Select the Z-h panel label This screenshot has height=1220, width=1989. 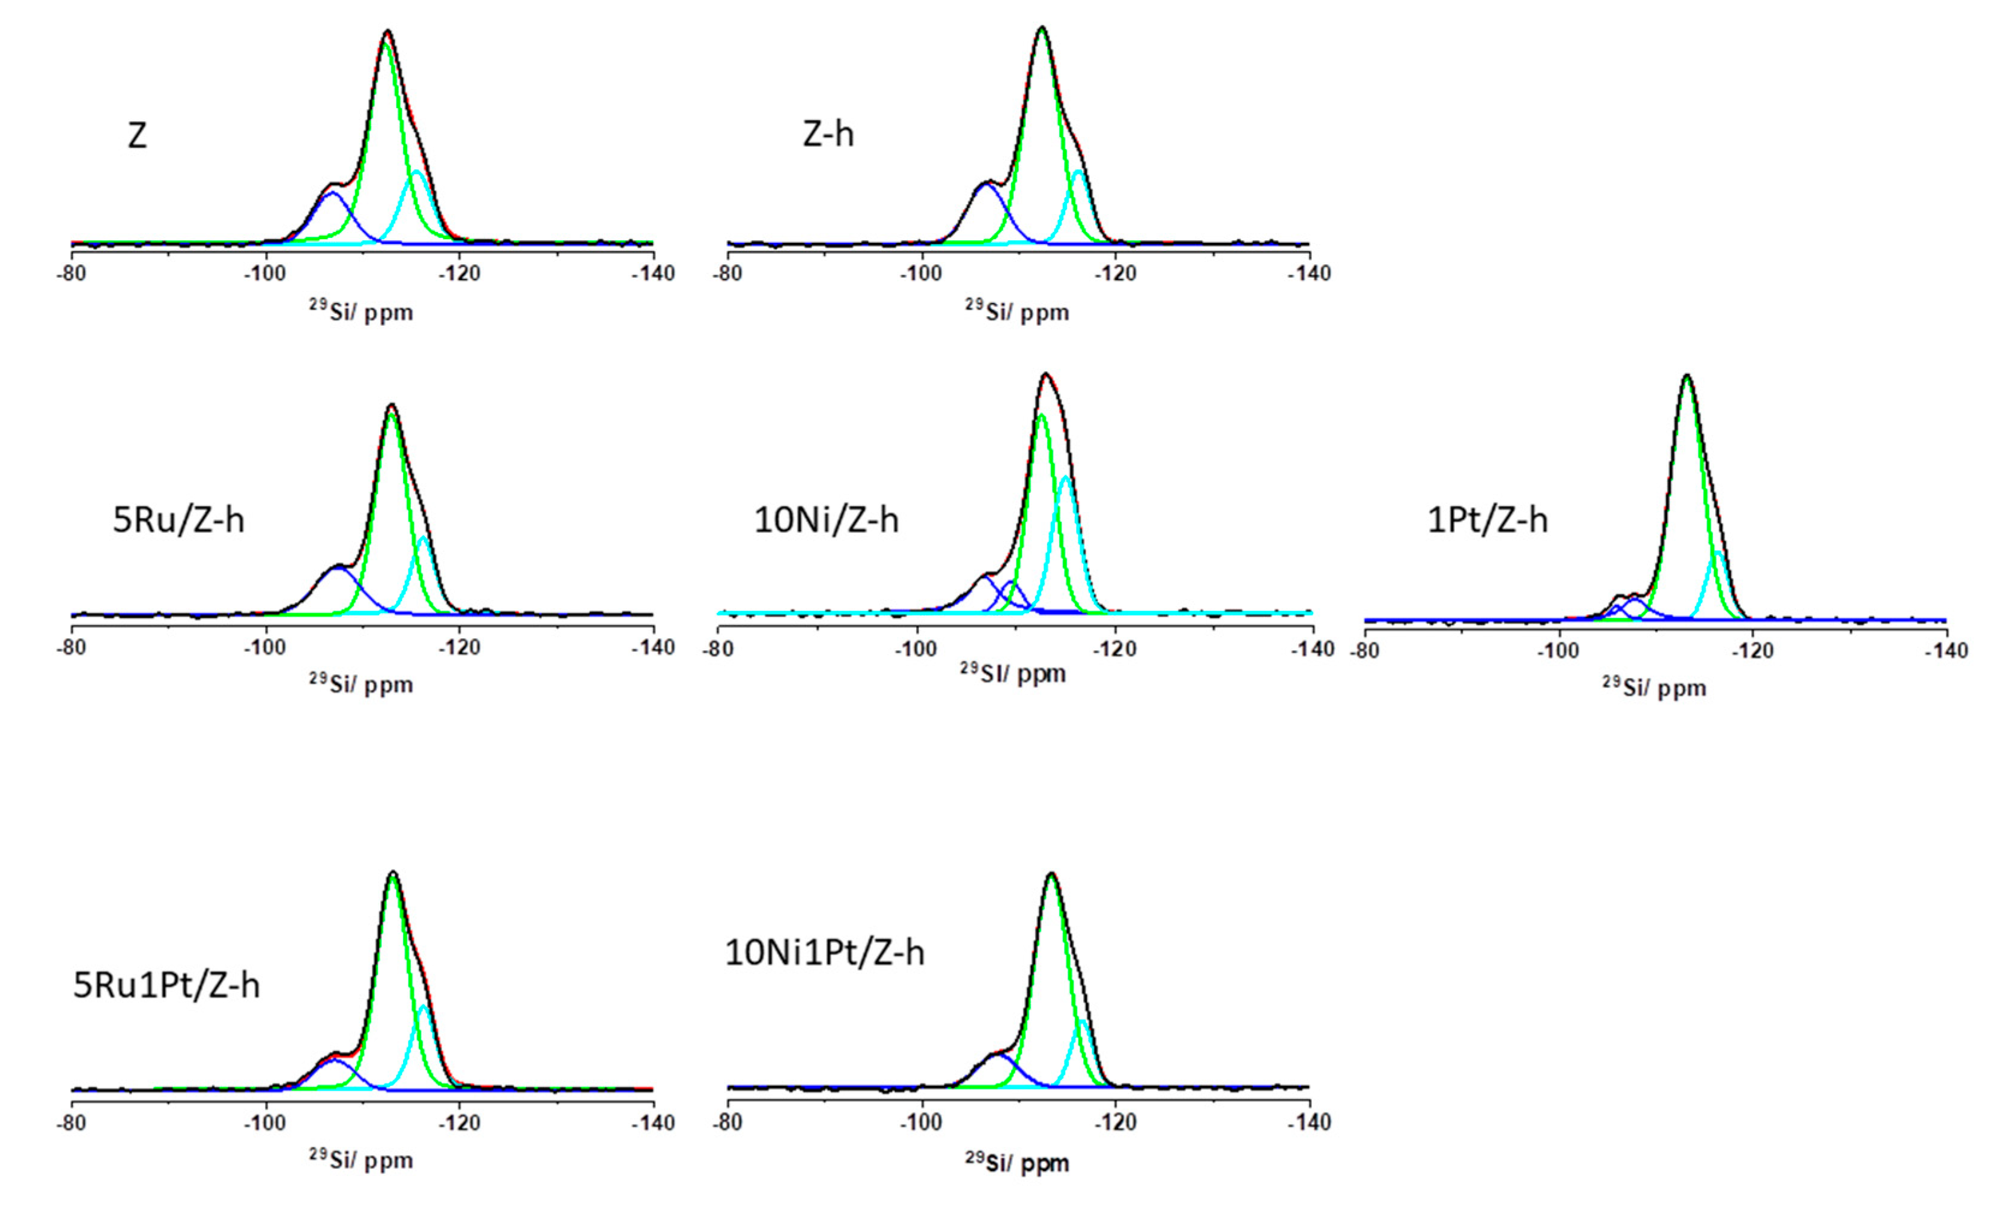(x=827, y=133)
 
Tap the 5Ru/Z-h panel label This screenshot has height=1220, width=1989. (x=178, y=519)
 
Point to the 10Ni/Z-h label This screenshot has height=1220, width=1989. (x=826, y=519)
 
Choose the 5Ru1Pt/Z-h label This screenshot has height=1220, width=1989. (x=166, y=985)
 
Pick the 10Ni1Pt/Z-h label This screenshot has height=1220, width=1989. (x=824, y=953)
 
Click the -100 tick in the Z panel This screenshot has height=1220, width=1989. (x=265, y=273)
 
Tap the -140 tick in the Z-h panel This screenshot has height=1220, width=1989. (x=1308, y=273)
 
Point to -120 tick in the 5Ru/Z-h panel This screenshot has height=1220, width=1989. (x=460, y=647)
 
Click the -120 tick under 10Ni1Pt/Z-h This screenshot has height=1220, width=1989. (x=1115, y=1122)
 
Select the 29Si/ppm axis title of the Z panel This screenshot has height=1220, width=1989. (x=361, y=311)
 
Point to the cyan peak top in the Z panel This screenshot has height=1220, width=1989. (x=418, y=172)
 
